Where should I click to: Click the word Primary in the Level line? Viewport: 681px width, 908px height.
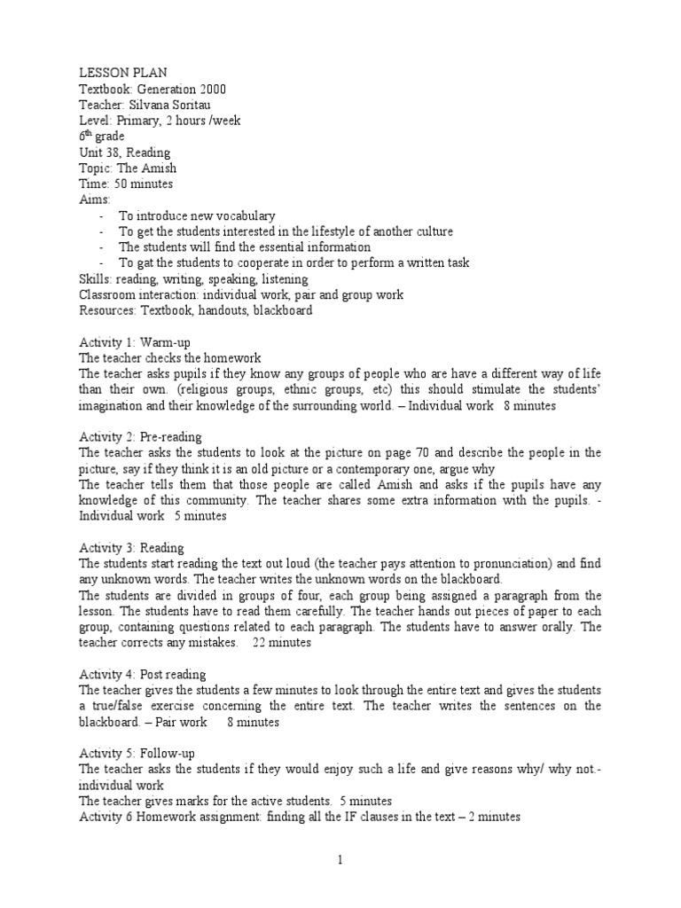coord(136,121)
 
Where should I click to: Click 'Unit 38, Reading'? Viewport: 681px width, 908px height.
coord(124,153)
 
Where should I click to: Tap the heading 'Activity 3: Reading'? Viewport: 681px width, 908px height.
coord(131,548)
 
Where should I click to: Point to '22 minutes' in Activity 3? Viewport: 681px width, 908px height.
coord(282,643)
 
